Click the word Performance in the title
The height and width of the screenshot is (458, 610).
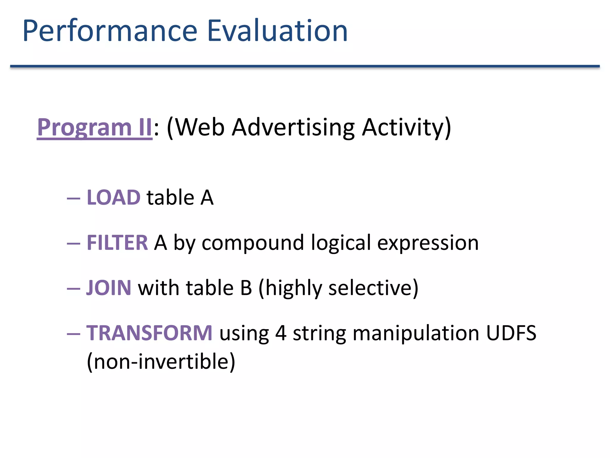[110, 31]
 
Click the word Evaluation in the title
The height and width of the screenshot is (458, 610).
[277, 31]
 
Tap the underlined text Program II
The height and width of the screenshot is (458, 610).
[95, 127]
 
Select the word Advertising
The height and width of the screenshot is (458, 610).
[293, 127]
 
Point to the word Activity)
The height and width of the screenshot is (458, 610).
[407, 127]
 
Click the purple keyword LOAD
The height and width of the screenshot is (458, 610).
[113, 198]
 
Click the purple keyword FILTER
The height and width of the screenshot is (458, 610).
[117, 243]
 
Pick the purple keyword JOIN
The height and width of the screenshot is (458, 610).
[109, 288]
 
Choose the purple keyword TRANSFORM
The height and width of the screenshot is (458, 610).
[150, 333]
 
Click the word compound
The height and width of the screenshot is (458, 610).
[253, 243]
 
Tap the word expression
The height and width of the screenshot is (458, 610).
[428, 243]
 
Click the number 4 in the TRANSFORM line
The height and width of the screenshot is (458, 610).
[281, 333]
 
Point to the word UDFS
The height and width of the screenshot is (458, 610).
[511, 333]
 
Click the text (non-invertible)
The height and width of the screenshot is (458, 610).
[161, 361]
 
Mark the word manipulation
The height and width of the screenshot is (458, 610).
[416, 333]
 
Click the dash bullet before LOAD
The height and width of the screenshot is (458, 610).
[74, 198]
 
